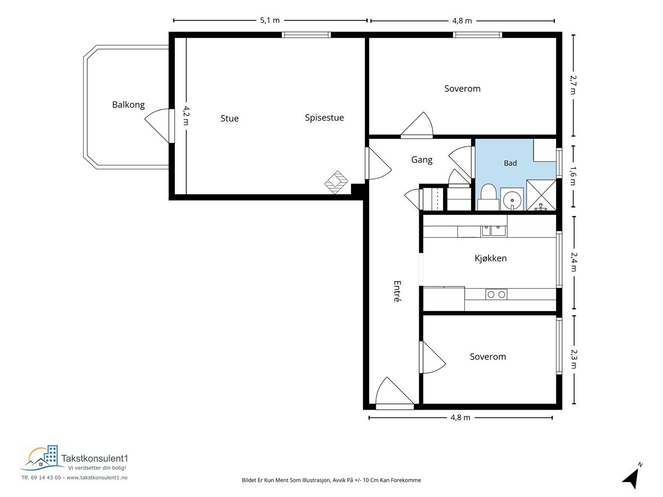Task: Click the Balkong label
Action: tap(128, 105)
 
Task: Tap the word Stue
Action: tap(230, 118)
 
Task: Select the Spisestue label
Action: tap(324, 117)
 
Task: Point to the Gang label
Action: tap(422, 160)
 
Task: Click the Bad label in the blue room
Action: tap(510, 163)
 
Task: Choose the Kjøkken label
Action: tap(491, 258)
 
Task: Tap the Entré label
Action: tap(397, 291)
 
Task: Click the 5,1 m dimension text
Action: tap(270, 20)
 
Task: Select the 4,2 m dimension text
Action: tap(186, 116)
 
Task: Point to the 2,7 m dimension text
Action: tap(573, 85)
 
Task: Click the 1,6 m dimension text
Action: tap(573, 176)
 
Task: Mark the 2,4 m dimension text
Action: tap(573, 262)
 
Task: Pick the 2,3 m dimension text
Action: tap(573, 359)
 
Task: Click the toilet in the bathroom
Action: tap(488, 197)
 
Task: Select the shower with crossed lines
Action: tap(541, 195)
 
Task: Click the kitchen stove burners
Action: tap(496, 294)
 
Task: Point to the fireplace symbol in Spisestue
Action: tap(336, 182)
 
